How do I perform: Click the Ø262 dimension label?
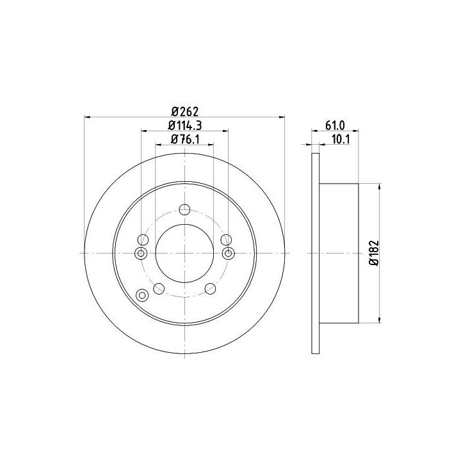(x=185, y=111)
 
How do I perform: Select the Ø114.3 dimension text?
(x=185, y=125)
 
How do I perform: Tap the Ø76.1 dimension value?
(x=185, y=140)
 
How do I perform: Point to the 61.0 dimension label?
(x=335, y=125)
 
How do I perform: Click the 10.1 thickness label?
(x=341, y=140)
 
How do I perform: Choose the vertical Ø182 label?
(x=374, y=253)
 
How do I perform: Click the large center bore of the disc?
(x=184, y=253)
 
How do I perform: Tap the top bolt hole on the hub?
(x=184, y=209)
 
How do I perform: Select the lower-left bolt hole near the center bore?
(x=159, y=288)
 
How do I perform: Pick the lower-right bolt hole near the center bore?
(x=210, y=288)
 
